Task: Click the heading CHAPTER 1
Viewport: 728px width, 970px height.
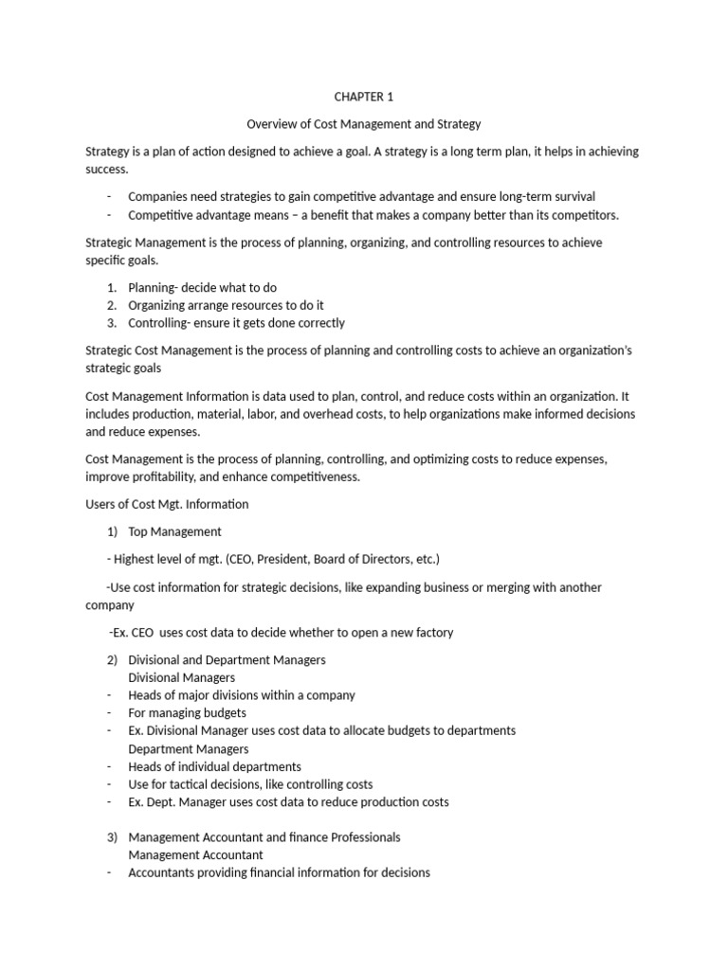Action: point(363,97)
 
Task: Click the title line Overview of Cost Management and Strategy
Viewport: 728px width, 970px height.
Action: point(364,124)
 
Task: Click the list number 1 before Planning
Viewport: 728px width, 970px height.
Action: point(111,287)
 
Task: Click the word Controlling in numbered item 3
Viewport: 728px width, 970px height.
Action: point(160,323)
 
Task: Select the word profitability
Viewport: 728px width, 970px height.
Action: point(172,476)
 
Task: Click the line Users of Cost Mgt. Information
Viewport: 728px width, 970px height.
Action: point(167,504)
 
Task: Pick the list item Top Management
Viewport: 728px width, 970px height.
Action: point(174,531)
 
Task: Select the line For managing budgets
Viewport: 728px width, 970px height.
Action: point(187,712)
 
